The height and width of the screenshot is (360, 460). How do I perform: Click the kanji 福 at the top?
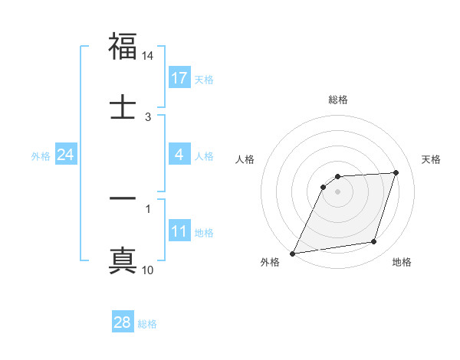(123, 47)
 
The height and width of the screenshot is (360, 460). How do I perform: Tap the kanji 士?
(123, 106)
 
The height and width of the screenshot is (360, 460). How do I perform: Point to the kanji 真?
(123, 259)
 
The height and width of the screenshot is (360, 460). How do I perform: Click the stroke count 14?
(148, 57)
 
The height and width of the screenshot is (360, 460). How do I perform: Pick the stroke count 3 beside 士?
(148, 117)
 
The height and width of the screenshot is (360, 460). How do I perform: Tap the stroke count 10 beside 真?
(148, 270)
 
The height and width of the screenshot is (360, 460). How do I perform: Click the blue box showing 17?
(179, 78)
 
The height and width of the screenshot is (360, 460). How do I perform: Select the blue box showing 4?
(179, 155)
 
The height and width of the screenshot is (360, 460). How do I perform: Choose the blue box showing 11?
(179, 231)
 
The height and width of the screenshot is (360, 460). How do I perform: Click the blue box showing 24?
(66, 155)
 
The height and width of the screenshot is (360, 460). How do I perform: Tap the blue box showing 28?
(122, 322)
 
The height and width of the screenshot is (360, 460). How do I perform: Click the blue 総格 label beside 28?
(147, 324)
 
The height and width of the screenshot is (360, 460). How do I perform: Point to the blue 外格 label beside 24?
(40, 156)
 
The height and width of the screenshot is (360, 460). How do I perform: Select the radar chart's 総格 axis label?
(338, 100)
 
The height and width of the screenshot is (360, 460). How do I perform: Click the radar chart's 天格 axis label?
(432, 159)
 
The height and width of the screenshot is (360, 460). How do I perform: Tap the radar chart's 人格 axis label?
(245, 159)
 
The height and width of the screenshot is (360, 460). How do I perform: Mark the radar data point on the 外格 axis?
(292, 254)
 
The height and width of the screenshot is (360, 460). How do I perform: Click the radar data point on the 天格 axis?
(396, 172)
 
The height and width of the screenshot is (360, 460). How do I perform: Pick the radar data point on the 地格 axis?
(374, 242)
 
